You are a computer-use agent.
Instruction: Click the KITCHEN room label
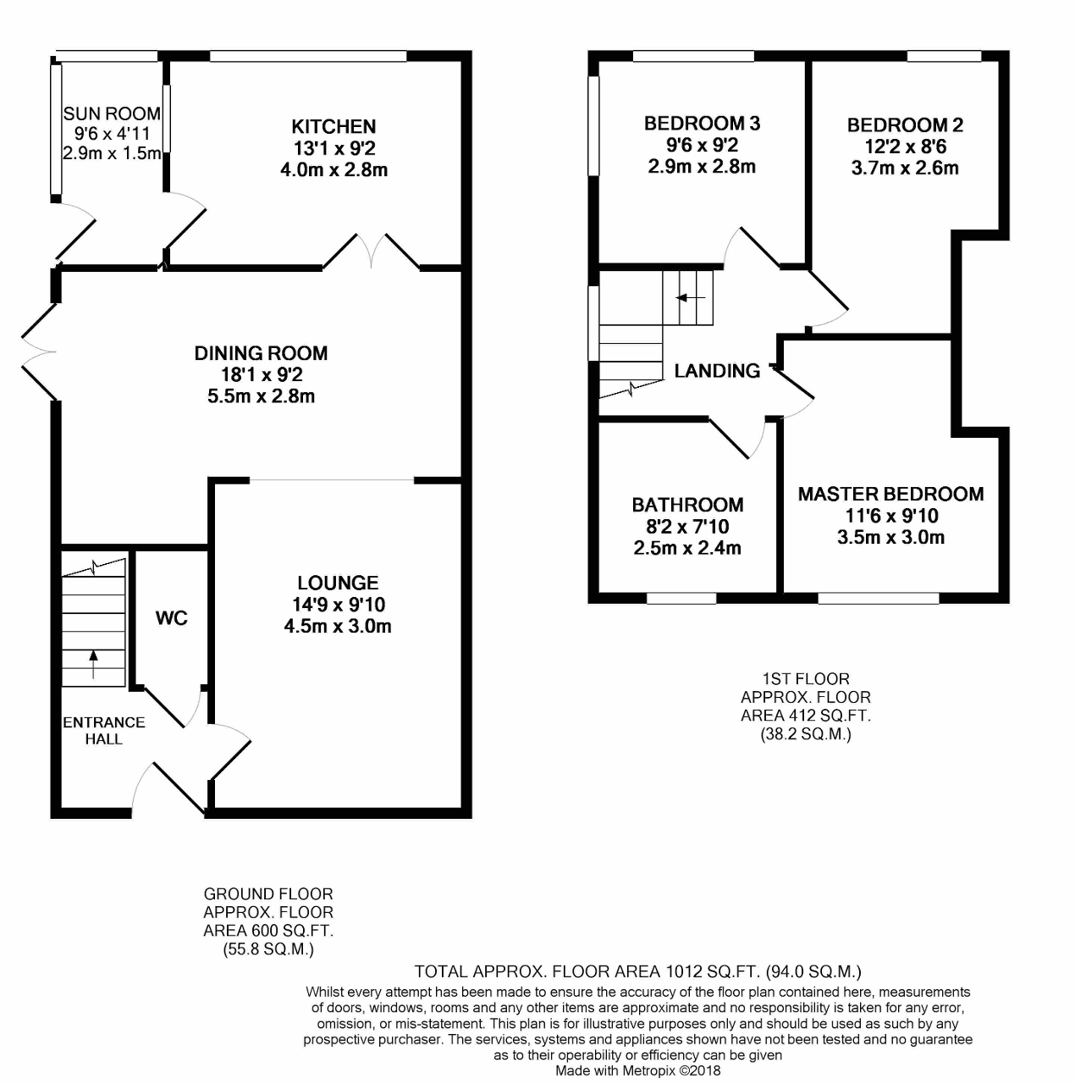coord(334,126)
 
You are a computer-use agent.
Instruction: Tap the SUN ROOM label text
coord(112,113)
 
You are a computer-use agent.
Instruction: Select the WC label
coord(172,618)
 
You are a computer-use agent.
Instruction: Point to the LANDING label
coord(717,371)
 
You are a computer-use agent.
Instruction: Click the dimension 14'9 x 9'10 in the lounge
coord(339,604)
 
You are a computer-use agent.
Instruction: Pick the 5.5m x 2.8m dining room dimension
coord(261,396)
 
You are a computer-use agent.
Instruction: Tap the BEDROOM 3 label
coord(702,123)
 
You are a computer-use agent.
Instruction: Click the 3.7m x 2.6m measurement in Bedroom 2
coord(905,168)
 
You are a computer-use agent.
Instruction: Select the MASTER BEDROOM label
coord(891,494)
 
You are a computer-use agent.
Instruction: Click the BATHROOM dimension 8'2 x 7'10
coord(687,527)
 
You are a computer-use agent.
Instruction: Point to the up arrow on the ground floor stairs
coord(93,663)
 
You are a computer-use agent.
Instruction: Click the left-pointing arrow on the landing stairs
coord(690,297)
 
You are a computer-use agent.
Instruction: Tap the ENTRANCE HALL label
coord(104,730)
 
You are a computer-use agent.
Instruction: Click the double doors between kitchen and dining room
coord(372,251)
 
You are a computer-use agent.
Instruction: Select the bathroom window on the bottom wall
coord(681,598)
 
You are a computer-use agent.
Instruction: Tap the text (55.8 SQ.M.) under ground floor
coord(268,949)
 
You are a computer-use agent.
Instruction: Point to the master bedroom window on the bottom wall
coord(879,598)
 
